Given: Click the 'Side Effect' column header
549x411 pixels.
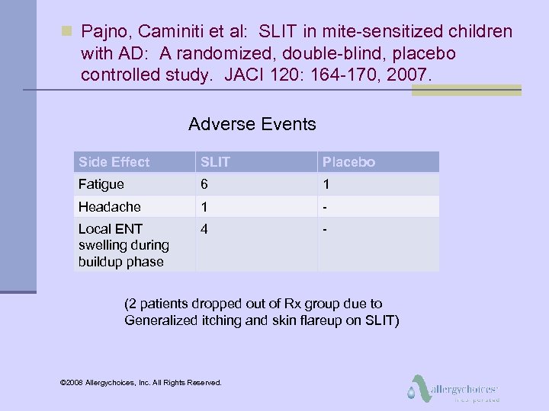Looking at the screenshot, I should [x=114, y=162].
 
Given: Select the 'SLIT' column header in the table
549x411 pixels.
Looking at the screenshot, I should [x=216, y=162].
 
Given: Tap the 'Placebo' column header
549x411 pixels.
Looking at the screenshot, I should [x=348, y=162].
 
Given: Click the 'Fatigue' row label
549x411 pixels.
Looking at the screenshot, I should [x=101, y=184].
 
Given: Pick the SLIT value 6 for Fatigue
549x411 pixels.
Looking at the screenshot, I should [x=204, y=184].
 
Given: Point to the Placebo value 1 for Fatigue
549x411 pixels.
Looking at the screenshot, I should [x=326, y=184].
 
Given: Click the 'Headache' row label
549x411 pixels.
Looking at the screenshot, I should [x=109, y=207].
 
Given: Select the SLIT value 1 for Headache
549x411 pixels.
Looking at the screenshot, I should [x=204, y=207].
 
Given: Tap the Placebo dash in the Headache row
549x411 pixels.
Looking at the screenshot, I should [x=325, y=207].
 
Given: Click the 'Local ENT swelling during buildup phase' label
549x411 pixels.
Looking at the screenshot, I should [x=124, y=245].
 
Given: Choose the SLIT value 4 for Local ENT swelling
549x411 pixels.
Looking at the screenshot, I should [x=204, y=228].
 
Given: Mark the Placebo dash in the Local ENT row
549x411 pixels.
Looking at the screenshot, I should [x=325, y=228].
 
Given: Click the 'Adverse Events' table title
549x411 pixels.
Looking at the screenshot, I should [x=252, y=124].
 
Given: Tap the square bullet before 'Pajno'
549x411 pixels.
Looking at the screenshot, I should [x=66, y=31].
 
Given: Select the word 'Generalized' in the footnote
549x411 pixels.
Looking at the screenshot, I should [x=160, y=320].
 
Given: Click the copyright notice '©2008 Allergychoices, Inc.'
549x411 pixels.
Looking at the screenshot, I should [x=140, y=382].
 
